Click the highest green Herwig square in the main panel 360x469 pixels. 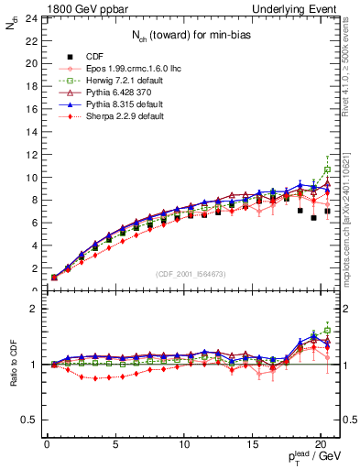327,169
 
